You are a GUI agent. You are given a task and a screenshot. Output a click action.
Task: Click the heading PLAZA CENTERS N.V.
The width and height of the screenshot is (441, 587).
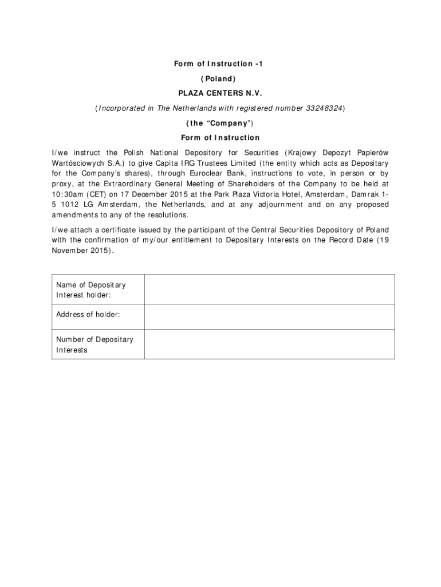[220, 93]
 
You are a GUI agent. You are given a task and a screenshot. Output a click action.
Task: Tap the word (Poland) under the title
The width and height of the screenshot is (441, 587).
[220, 79]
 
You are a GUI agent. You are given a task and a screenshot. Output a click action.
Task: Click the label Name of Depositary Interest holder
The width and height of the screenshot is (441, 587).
[91, 289]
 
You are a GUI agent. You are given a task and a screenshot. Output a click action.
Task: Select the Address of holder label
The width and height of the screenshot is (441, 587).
[88, 315]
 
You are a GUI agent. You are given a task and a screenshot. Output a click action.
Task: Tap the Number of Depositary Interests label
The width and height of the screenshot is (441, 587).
[94, 345]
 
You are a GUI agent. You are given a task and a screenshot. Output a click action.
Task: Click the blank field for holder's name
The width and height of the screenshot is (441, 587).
[269, 289]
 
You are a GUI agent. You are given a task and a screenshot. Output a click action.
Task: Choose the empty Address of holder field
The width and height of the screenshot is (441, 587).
[269, 316]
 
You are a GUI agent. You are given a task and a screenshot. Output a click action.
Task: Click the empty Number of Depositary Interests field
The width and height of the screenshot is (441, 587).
[269, 345]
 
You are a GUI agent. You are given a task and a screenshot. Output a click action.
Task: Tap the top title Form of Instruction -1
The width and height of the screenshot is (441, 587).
[220, 64]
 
